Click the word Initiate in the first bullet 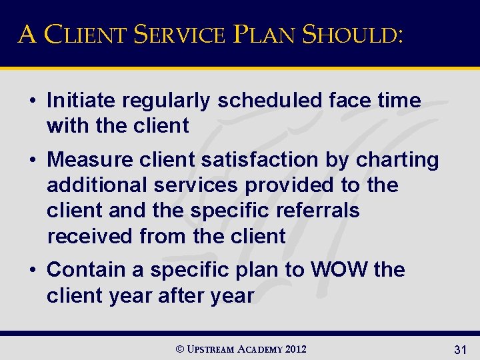click(x=78, y=101)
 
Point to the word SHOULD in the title click(x=351, y=33)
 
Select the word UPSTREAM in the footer click(x=211, y=349)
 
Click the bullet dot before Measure click(x=32, y=161)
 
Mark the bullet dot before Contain click(x=32, y=271)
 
